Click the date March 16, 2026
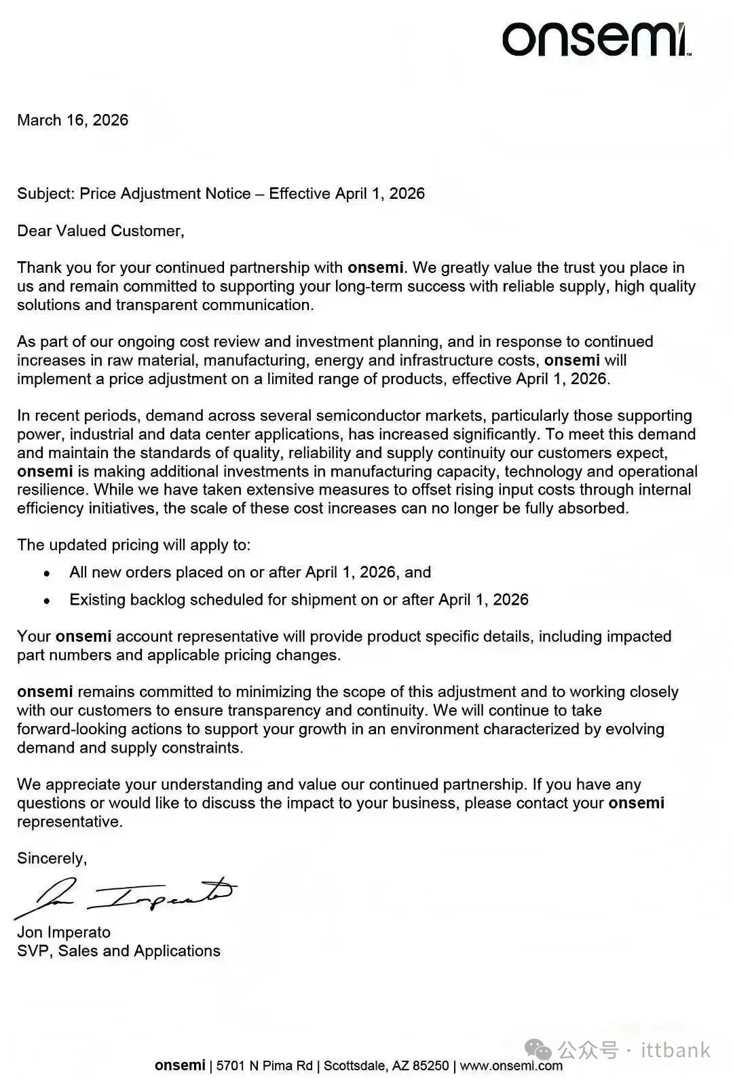click(73, 120)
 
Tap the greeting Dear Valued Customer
click(100, 231)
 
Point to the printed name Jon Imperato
click(64, 932)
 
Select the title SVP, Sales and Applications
click(119, 951)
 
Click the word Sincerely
click(52, 858)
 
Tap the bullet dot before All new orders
click(47, 573)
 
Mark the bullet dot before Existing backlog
click(47, 601)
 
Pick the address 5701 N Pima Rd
click(265, 1065)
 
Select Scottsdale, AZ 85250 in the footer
click(386, 1065)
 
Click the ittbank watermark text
click(676, 1051)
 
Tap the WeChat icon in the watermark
click(543, 1051)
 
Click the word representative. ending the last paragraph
click(70, 821)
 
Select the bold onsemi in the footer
click(180, 1065)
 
